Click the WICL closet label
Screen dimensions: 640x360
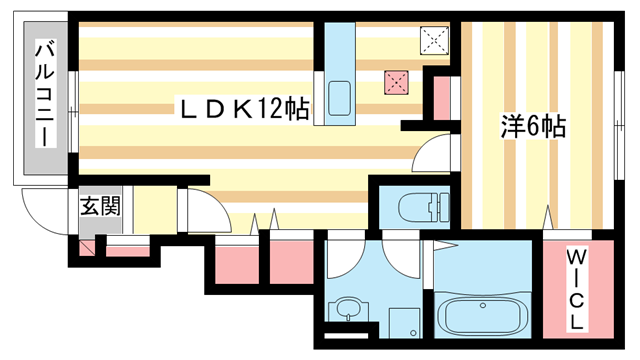(x=578, y=290)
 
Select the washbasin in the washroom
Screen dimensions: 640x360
(x=349, y=309)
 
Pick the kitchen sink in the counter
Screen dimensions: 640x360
(x=338, y=101)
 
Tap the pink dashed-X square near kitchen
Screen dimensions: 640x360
(x=397, y=83)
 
